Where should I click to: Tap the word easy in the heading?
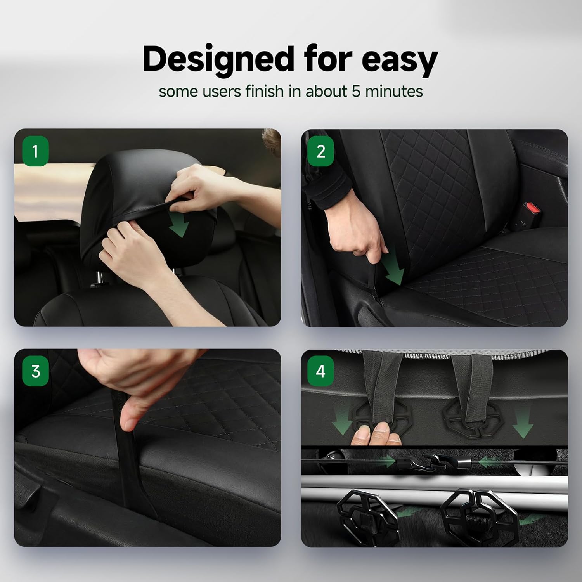click(400, 59)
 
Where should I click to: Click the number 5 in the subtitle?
click(356, 92)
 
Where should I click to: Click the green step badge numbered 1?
click(35, 151)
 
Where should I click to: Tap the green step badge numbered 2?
click(320, 151)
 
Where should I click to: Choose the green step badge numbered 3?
click(35, 371)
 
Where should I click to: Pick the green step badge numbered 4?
click(320, 371)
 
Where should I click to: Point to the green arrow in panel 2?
click(392, 271)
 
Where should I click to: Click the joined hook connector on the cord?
click(435, 462)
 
